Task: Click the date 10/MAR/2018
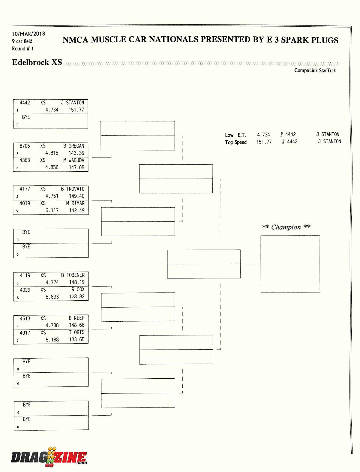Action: pos(28,34)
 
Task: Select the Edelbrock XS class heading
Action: pos(37,62)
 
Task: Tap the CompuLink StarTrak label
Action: pos(315,71)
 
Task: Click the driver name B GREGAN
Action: pos(74,146)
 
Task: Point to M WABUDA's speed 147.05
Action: pos(76,167)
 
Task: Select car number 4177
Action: pos(25,189)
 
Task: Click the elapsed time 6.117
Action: pos(52,210)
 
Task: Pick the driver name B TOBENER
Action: pos(73,275)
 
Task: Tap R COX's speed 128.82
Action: pos(77,296)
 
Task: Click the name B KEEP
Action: pos(76,318)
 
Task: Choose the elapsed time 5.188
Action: pos(52,340)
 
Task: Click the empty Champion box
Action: pos(290,264)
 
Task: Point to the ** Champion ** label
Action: pos(286,227)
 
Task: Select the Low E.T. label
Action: pos(235,135)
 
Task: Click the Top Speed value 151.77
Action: pos(264,142)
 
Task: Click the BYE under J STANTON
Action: pos(26,117)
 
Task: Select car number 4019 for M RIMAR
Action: pos(25,203)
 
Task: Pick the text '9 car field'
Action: pos(22,41)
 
